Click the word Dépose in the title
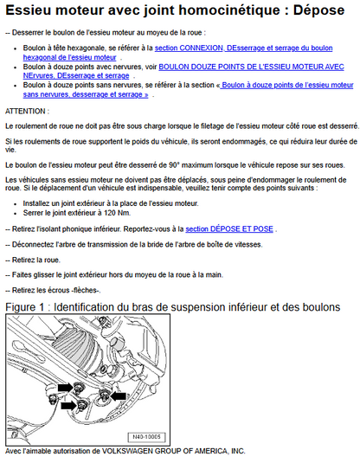[318, 10]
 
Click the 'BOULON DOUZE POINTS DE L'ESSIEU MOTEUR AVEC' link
[251, 67]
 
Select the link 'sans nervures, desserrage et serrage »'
[86, 94]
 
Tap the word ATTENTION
[25, 112]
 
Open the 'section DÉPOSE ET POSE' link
[229, 229]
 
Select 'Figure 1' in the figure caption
[25, 307]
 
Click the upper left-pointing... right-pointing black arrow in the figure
[65, 388]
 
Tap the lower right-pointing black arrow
[68, 405]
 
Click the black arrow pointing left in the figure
[119, 396]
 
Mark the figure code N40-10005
[146, 437]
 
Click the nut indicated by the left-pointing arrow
[104, 395]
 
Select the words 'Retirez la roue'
[35, 260]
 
